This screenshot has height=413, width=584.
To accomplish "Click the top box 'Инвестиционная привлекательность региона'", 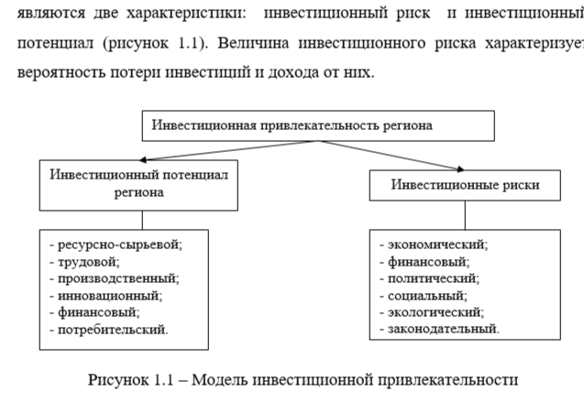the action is [x=317, y=125].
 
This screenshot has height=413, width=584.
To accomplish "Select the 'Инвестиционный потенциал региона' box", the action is [x=138, y=183].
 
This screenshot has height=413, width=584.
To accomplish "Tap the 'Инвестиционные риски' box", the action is [x=465, y=185].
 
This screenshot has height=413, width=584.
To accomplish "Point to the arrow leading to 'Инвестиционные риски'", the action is [x=385, y=156].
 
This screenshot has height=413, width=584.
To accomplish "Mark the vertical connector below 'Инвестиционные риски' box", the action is [x=465, y=214].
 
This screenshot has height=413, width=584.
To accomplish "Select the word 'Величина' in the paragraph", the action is [x=248, y=42].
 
